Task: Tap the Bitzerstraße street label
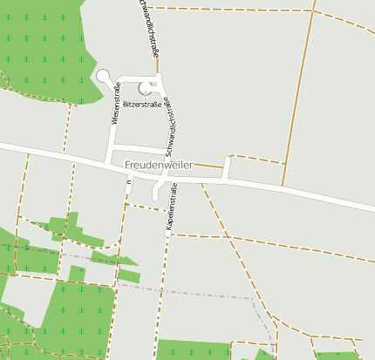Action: click(142, 103)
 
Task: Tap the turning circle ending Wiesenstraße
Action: click(103, 76)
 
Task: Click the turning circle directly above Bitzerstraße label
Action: click(146, 87)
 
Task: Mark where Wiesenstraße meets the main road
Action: click(107, 160)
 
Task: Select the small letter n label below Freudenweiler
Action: click(128, 182)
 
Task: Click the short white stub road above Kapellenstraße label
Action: click(158, 189)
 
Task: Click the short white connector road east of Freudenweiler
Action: click(226, 167)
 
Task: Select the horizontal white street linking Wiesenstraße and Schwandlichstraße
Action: click(140, 147)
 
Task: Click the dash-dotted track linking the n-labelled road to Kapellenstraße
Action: click(147, 207)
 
